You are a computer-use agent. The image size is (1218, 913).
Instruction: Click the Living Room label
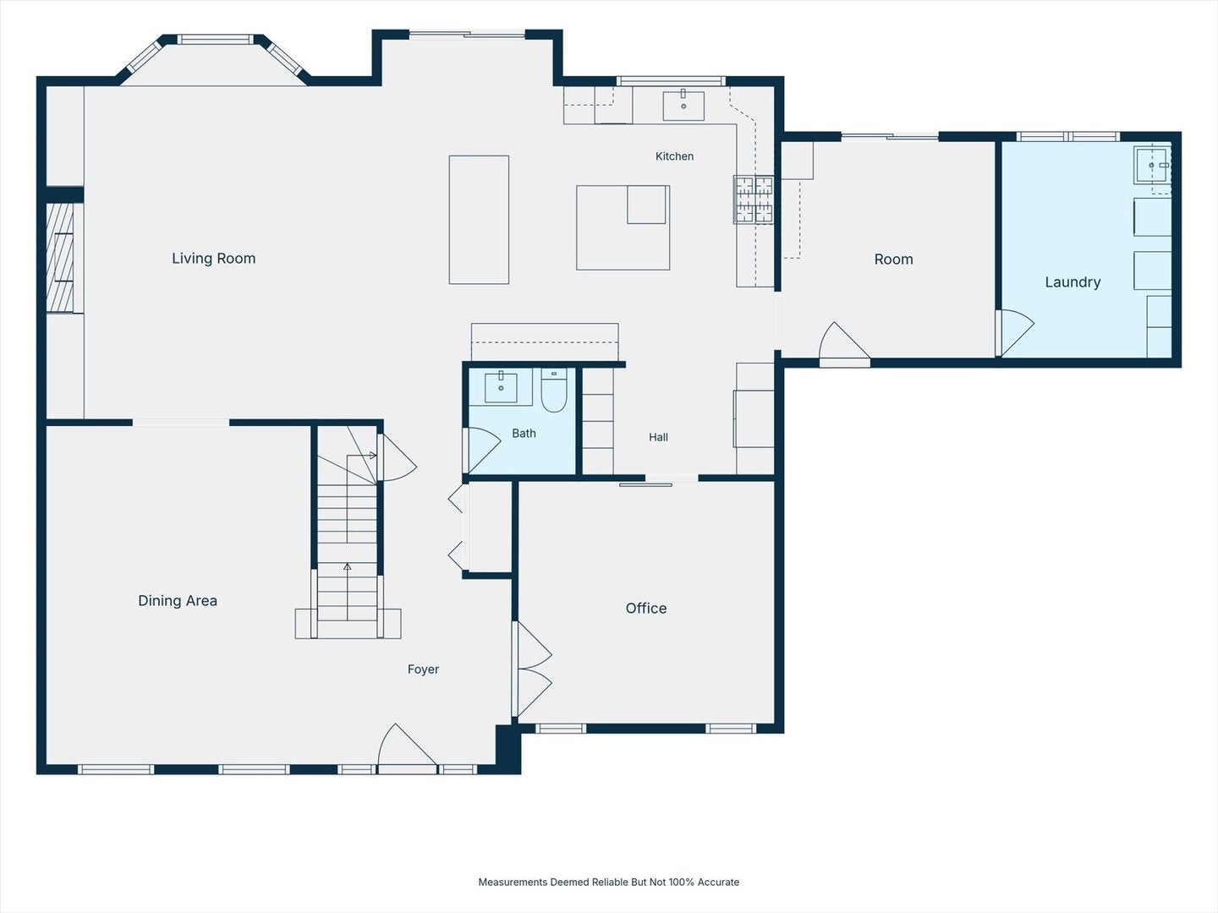pos(214,259)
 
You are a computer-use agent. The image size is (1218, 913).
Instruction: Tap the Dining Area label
pos(178,600)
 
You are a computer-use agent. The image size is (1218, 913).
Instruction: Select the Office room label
pos(646,608)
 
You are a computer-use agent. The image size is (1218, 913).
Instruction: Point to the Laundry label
pos(1073,282)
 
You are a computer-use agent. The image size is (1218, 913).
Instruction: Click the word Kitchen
pos(674,156)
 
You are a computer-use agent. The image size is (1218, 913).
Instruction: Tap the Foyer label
pos(423,670)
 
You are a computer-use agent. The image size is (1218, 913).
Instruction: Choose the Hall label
pos(658,437)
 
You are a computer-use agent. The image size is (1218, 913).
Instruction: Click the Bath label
pos(524,434)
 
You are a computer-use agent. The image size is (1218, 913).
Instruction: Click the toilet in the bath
pos(554,391)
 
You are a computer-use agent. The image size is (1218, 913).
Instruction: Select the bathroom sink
pos(501,387)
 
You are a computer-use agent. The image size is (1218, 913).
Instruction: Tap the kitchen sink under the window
pos(683,106)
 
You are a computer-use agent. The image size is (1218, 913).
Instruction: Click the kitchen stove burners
pos(754,200)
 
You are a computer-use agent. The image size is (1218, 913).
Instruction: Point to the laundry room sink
pos(1152,165)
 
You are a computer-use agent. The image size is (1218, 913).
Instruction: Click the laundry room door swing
pos(1017,332)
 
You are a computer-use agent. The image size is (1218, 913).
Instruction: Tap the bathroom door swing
pos(484,450)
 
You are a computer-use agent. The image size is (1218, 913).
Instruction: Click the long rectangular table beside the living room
pos(479,220)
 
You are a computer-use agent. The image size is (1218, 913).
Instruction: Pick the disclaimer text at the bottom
pos(609,882)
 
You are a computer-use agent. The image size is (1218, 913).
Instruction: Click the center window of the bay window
pos(216,40)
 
